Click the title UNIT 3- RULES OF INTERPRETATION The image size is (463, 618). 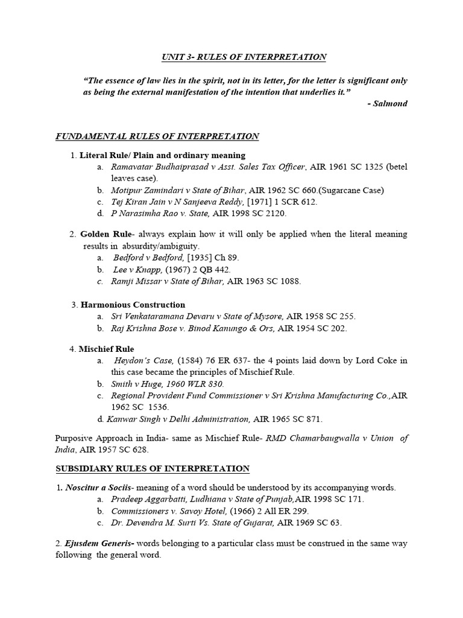point(244,57)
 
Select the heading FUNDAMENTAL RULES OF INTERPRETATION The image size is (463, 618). point(157,136)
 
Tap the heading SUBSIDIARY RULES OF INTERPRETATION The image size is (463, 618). point(153,468)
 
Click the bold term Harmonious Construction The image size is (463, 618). point(133,305)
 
